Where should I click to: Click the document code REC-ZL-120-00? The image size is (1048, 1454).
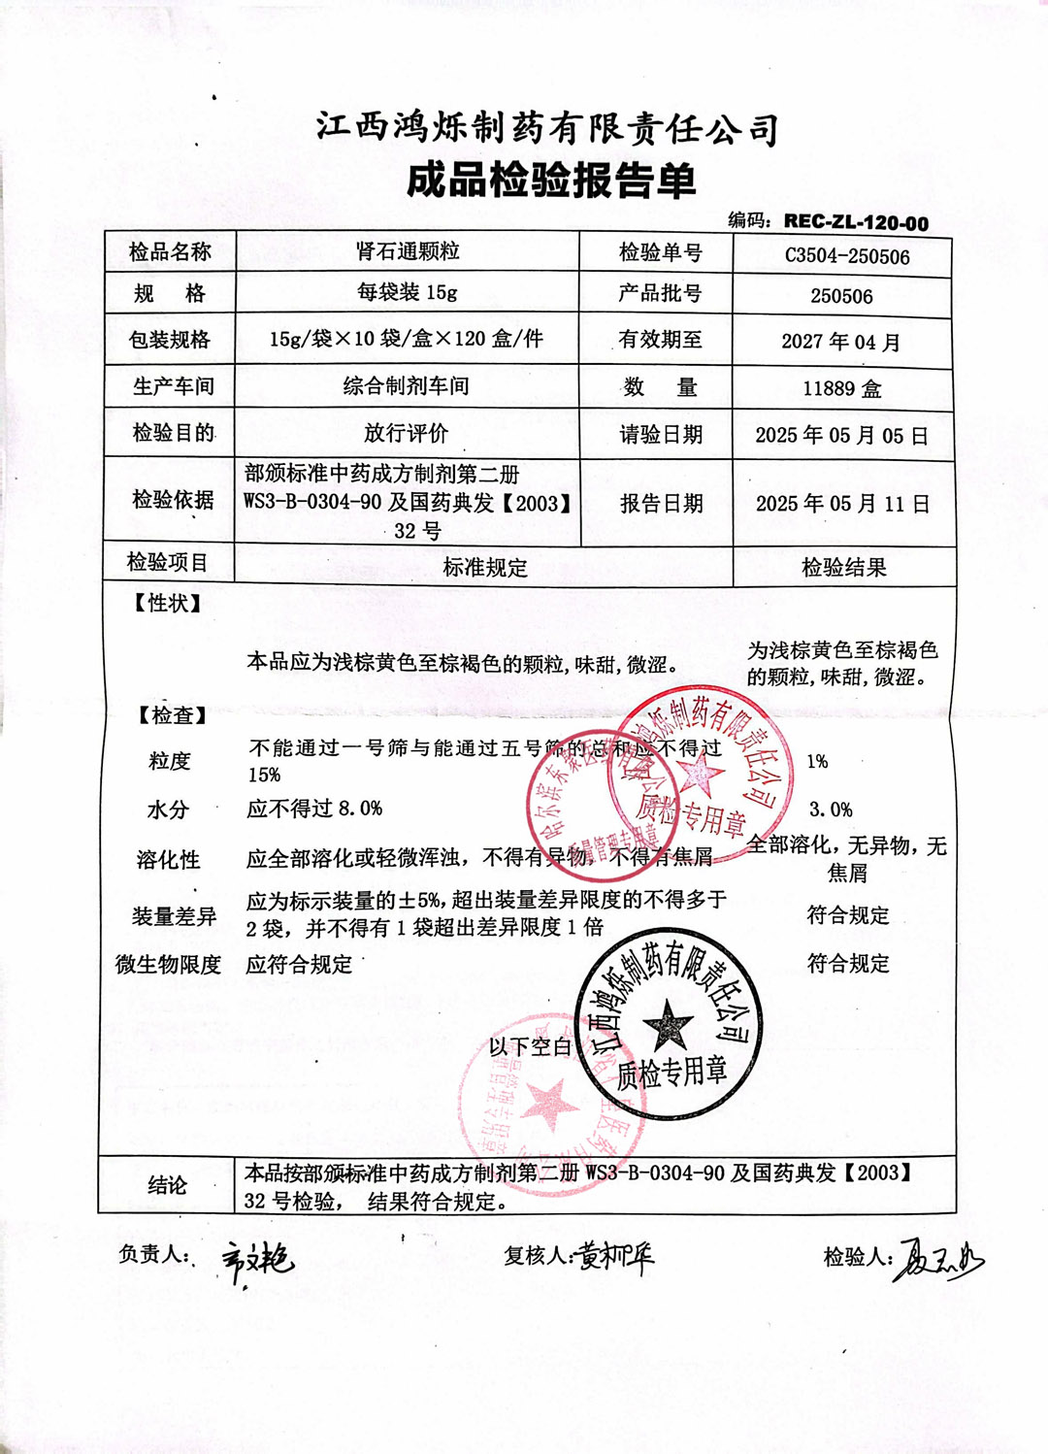tap(855, 221)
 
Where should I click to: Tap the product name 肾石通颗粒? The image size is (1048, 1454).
tap(408, 251)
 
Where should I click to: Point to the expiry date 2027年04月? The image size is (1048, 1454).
tap(841, 342)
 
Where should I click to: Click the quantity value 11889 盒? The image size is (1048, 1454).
tap(841, 388)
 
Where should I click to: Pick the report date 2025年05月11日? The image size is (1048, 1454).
tap(842, 504)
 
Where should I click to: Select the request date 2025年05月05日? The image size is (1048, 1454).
tap(841, 435)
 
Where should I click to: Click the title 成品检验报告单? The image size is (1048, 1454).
tap(551, 181)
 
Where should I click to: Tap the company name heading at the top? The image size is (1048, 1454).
tap(547, 128)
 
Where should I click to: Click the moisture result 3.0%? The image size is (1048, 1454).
tap(831, 810)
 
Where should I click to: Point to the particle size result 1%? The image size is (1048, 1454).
tap(817, 762)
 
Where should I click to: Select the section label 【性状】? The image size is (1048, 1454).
tap(168, 604)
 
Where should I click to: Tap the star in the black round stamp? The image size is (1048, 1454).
tap(669, 1025)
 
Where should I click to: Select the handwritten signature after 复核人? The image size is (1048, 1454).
tap(616, 1257)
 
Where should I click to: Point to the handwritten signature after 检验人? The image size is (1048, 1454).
tap(937, 1260)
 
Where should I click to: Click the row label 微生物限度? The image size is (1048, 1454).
tap(169, 964)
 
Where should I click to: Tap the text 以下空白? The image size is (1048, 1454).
tap(530, 1046)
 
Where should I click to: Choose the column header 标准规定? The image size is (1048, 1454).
tap(485, 568)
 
